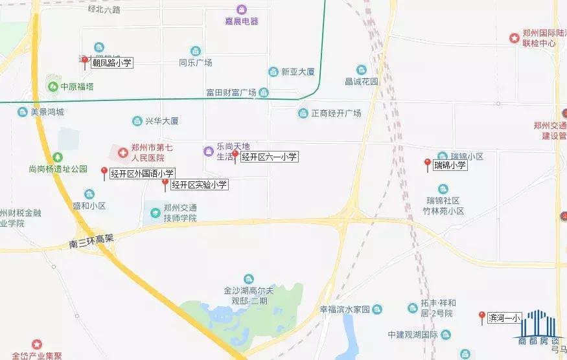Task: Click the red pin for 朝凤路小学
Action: (84, 62)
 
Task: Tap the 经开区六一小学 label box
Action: (269, 156)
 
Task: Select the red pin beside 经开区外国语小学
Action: (104, 172)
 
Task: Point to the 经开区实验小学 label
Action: (199, 185)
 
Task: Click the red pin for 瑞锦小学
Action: (427, 164)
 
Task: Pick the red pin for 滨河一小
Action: (481, 317)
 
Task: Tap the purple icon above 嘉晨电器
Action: (241, 10)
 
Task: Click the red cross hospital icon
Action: (122, 152)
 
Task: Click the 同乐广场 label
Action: (196, 63)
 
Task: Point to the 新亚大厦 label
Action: (297, 72)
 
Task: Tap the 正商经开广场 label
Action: (336, 113)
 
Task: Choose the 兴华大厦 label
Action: (161, 121)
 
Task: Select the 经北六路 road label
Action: (105, 10)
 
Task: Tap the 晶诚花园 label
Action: (361, 82)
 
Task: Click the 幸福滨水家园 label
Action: (347, 309)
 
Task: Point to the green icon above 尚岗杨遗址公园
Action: (58, 157)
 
